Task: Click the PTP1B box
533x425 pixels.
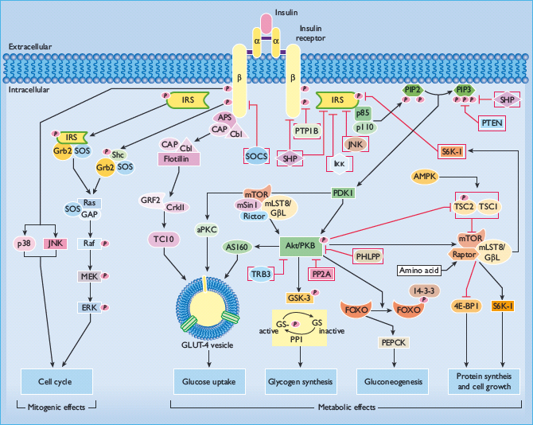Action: tap(306, 131)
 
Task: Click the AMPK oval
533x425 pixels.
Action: tap(427, 175)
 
